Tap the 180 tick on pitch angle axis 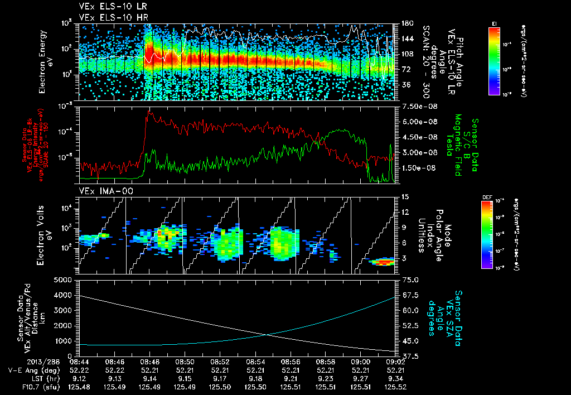[x=407, y=23]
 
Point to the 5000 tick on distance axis [x=66, y=280]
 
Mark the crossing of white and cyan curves [x=269, y=335]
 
